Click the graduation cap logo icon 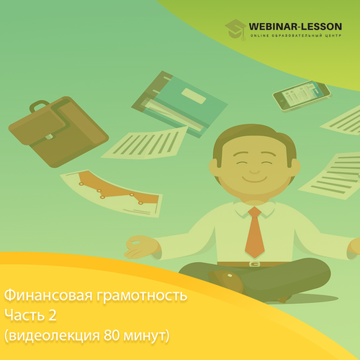[x=235, y=30]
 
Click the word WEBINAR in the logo [x=273, y=27]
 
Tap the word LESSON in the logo [x=321, y=27]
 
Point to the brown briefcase [x=58, y=132]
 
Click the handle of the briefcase [x=40, y=106]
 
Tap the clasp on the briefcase [x=49, y=137]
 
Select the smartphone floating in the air [x=302, y=96]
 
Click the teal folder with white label [x=180, y=104]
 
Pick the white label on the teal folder [x=194, y=96]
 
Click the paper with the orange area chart [x=112, y=193]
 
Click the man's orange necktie [x=255, y=232]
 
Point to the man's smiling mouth [x=255, y=179]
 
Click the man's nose [x=254, y=171]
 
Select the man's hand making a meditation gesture [x=142, y=247]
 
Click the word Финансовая [x=48, y=295]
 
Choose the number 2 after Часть [x=53, y=315]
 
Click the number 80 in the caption [x=112, y=335]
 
